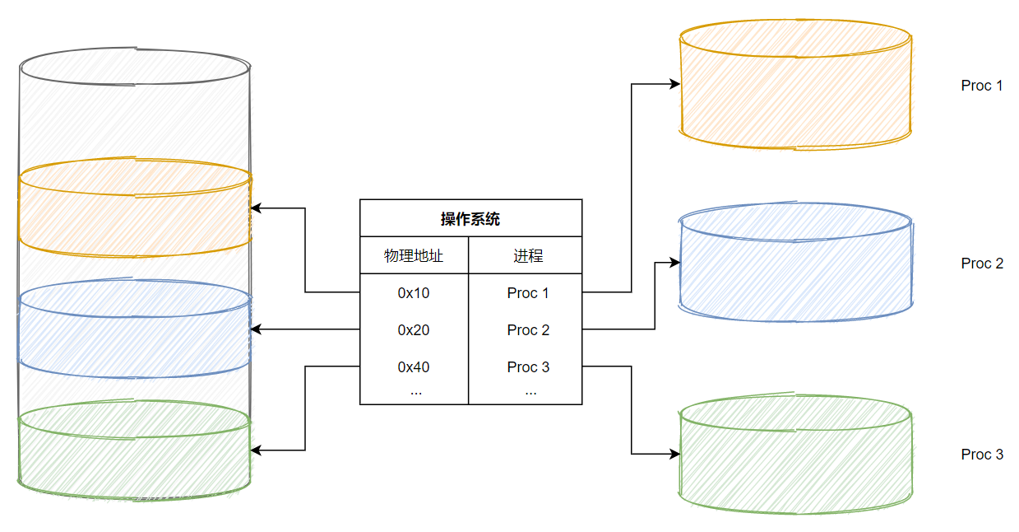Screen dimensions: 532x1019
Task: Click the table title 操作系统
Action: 470,219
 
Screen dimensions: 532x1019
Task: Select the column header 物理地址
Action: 414,256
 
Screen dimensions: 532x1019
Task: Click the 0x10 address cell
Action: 414,293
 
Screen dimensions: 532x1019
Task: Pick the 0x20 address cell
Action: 414,330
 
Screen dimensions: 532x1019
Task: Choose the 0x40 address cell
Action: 414,367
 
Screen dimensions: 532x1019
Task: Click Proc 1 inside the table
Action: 528,293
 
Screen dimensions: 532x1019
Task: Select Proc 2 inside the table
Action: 528,330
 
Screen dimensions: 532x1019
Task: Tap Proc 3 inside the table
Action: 528,367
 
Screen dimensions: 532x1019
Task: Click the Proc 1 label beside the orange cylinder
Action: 982,86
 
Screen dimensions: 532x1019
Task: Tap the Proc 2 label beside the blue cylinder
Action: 982,264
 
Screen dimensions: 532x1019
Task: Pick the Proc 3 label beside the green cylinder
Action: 982,455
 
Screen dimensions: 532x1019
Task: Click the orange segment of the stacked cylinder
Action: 134,210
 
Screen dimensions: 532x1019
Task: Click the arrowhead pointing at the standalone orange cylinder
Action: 675,84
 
